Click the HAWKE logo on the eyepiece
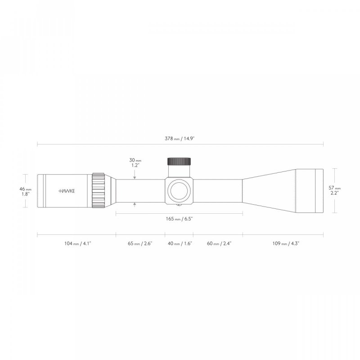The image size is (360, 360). (67, 190)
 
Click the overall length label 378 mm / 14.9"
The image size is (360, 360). (180, 138)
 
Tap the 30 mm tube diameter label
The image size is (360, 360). (135, 160)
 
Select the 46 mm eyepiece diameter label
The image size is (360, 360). (26, 189)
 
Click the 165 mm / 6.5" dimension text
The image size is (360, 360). (180, 218)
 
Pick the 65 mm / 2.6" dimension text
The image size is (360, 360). (140, 243)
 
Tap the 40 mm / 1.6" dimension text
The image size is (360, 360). (179, 243)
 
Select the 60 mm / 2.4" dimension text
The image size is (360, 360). (218, 243)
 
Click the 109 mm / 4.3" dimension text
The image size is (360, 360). (283, 243)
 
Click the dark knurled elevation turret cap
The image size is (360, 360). (179, 162)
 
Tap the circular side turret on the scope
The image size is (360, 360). (179, 191)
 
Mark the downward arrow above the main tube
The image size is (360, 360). (135, 177)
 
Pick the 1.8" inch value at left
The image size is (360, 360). (26, 194)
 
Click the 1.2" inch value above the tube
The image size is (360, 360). (135, 165)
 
